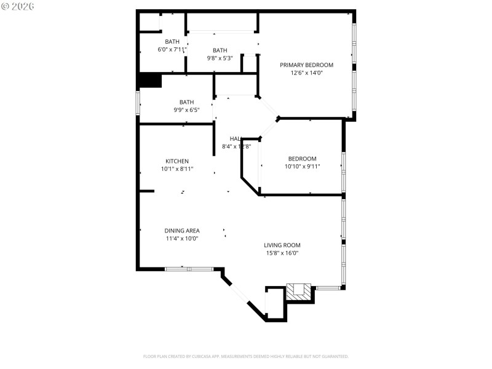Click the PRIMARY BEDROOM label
point(306,65)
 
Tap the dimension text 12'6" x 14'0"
point(306,73)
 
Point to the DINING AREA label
point(181,231)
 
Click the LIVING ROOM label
point(282,245)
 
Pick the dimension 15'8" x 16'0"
point(282,253)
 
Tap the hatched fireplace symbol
point(300,290)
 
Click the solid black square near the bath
point(150,81)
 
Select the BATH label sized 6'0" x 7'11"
point(172,42)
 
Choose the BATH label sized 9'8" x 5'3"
point(220,50)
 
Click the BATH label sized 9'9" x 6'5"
point(186,102)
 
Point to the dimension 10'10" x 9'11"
point(302,166)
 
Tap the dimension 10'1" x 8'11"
point(177,169)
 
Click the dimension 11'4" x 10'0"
point(181,239)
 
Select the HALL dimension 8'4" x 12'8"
point(236,146)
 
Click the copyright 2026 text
point(18,6)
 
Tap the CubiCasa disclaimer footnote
point(245,356)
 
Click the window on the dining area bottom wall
point(189,269)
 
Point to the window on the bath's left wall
point(138,101)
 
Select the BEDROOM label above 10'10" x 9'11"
point(302,159)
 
